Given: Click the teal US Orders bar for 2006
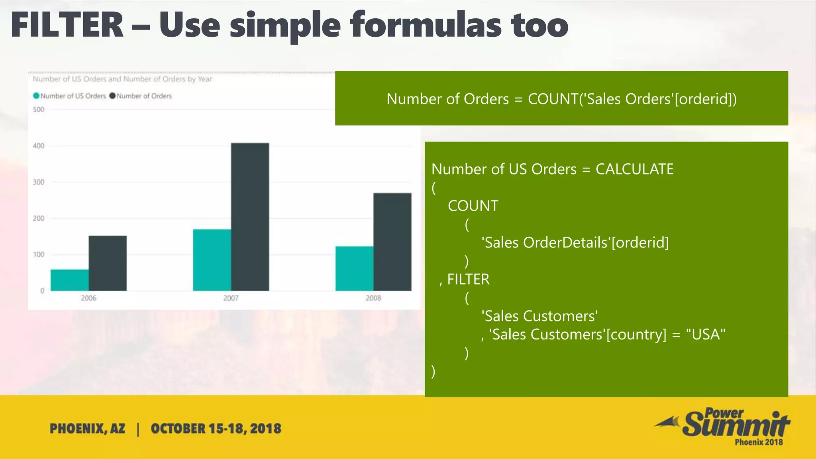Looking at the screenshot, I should pyautogui.click(x=70, y=280).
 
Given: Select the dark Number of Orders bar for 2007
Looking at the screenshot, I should pyautogui.click(x=250, y=217).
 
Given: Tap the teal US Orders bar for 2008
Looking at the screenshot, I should pyautogui.click(x=354, y=269).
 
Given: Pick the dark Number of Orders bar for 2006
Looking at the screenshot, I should pyautogui.click(x=108, y=263).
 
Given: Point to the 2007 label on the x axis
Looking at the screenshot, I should pyautogui.click(x=231, y=298).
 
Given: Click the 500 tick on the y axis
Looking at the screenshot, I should pyautogui.click(x=39, y=110).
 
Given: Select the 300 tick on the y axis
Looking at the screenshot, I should pyautogui.click(x=39, y=182).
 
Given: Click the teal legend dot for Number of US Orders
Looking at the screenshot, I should pyautogui.click(x=36, y=96).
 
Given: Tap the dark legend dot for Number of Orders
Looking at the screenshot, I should pyautogui.click(x=112, y=96).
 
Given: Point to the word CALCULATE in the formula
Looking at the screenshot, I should pyautogui.click(x=634, y=169).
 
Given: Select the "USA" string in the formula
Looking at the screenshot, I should pyautogui.click(x=705, y=334).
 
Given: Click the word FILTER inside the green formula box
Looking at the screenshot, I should pyautogui.click(x=468, y=279).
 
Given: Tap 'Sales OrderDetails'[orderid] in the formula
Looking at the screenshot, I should pyautogui.click(x=575, y=243).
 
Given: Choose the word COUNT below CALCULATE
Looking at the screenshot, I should pyautogui.click(x=473, y=206).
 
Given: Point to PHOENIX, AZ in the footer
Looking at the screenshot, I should pyautogui.click(x=87, y=429).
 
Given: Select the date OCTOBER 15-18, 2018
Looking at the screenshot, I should pyautogui.click(x=216, y=429).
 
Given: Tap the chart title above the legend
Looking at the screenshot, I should pyautogui.click(x=122, y=79).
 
